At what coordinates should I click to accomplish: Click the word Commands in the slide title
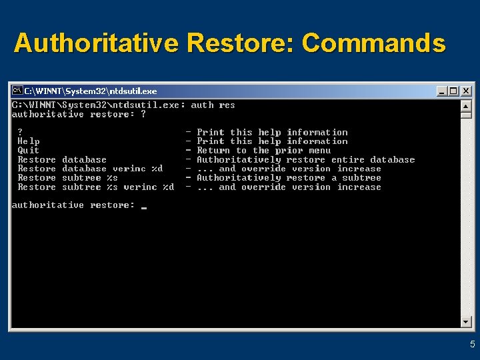373,43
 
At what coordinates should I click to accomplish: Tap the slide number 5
472,345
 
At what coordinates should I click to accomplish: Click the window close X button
466,91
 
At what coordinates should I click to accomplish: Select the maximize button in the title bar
454,91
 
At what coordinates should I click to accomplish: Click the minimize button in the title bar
443,91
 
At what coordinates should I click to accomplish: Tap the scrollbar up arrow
466,105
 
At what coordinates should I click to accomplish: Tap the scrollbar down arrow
466,321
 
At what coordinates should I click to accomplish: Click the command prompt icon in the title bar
17,91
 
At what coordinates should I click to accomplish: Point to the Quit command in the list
28,151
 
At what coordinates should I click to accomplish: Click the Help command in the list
28,141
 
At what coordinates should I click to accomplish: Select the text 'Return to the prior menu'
263,151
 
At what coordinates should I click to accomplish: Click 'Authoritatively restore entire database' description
305,160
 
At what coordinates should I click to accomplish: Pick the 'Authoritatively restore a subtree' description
289,178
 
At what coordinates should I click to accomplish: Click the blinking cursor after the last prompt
144,207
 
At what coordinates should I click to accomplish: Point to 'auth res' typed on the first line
213,105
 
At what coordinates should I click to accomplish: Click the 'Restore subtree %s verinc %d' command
95,187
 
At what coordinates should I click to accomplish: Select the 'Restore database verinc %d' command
90,169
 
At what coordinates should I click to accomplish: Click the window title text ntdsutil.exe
133,91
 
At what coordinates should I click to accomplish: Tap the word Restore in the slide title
241,43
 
